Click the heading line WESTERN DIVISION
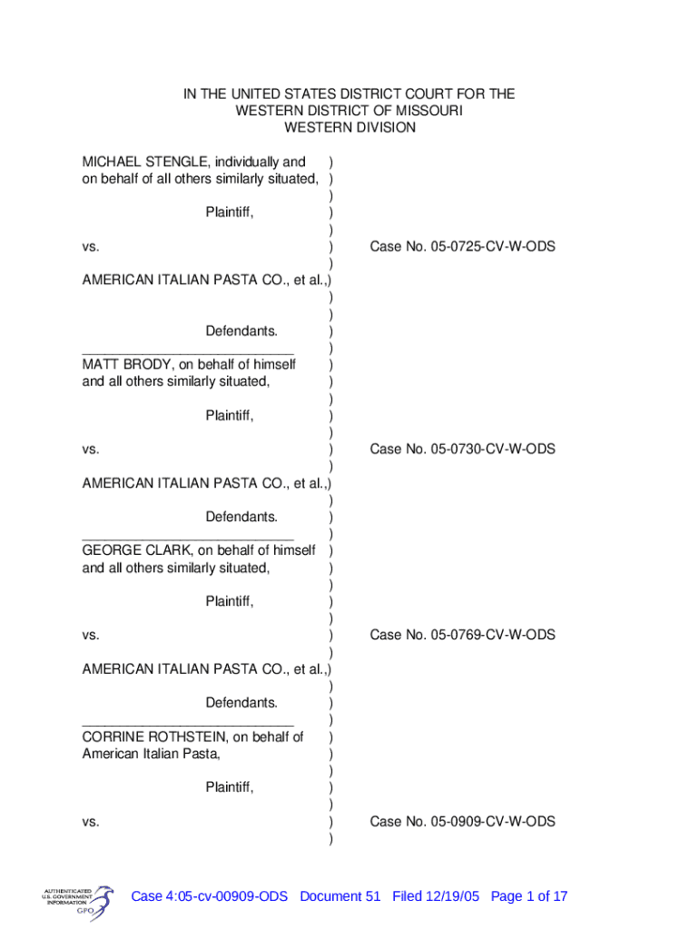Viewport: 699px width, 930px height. tap(349, 128)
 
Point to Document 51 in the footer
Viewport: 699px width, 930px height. tap(340, 896)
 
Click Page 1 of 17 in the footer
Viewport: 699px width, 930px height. tap(529, 896)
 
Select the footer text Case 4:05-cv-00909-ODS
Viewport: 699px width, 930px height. tap(210, 896)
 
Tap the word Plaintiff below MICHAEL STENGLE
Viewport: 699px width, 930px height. tap(229, 213)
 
